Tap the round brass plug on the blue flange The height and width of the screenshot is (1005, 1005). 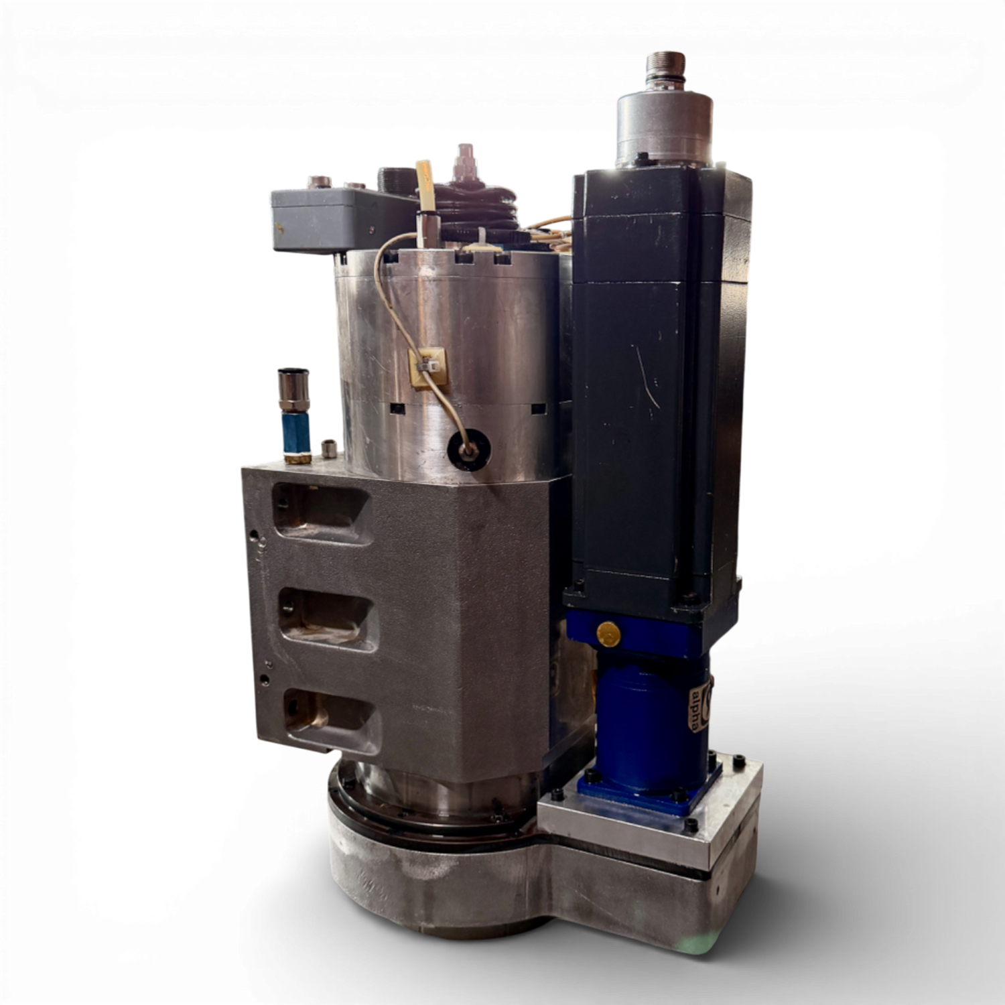tap(608, 634)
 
